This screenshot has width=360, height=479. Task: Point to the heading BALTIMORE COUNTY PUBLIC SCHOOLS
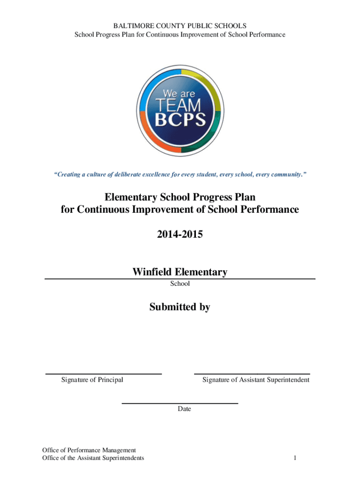(x=180, y=26)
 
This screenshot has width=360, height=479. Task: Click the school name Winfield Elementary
(x=180, y=272)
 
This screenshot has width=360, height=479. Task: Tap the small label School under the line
(x=180, y=283)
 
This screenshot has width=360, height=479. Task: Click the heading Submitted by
(x=180, y=307)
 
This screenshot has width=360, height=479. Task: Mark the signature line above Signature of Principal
(x=103, y=374)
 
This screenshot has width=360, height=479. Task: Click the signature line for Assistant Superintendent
(x=252, y=374)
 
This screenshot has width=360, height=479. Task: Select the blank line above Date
(x=180, y=403)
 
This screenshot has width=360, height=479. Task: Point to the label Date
(x=184, y=409)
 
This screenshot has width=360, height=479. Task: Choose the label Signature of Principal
(x=92, y=380)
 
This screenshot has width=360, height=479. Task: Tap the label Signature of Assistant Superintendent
(x=256, y=380)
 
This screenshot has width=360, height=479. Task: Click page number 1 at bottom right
(x=295, y=457)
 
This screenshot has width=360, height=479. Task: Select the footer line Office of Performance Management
(x=89, y=450)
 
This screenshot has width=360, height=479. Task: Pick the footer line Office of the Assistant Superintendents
(x=93, y=457)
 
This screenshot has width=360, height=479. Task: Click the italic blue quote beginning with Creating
(x=180, y=174)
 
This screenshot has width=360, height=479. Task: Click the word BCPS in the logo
(x=180, y=119)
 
